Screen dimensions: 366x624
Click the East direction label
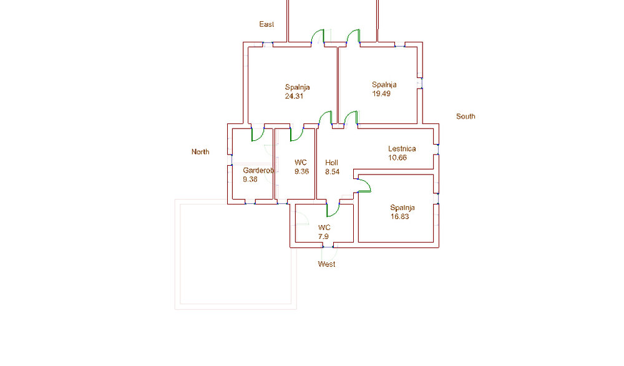266,24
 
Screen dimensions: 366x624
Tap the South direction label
466,117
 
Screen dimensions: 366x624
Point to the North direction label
200,152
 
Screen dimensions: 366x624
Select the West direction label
326,264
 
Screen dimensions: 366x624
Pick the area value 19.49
381,94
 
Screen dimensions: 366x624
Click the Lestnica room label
402,149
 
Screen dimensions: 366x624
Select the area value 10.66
397,158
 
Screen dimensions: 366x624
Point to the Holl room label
332,163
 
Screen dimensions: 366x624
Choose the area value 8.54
332,171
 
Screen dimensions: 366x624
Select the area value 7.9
324,236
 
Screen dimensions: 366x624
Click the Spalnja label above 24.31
298,87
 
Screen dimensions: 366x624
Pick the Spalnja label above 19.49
384,85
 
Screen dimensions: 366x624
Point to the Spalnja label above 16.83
402,208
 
